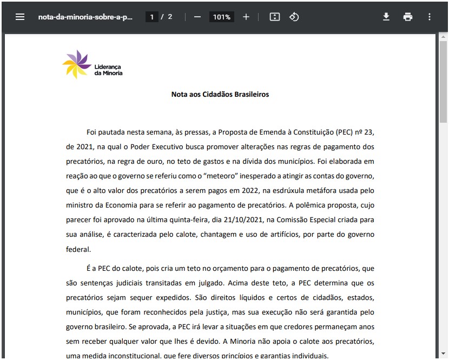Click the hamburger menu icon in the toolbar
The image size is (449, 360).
[x=20, y=17]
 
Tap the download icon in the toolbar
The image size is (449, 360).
[x=386, y=17]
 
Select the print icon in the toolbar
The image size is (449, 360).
[x=408, y=17]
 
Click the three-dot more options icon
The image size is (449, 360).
[x=430, y=17]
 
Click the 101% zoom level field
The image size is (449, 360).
[x=222, y=17]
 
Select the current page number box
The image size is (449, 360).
[x=152, y=17]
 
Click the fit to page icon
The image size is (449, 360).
[x=275, y=17]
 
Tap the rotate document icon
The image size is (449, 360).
[x=294, y=17]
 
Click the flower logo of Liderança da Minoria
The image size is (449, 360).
[x=76, y=64]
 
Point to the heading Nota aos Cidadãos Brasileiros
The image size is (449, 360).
[x=220, y=95]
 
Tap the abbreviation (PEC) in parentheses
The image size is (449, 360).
[x=345, y=132]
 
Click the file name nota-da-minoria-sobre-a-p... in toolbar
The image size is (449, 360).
[x=85, y=17]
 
